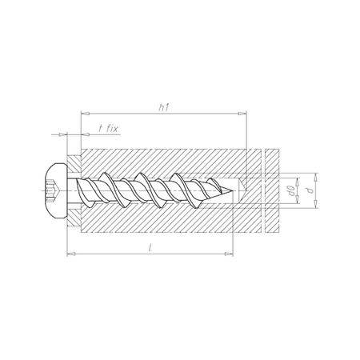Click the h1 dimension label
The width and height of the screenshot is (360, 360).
(162, 105)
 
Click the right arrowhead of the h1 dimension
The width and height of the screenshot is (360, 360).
(247, 114)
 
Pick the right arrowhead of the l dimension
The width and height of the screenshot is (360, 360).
(235, 255)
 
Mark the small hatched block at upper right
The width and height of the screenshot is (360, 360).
(270, 161)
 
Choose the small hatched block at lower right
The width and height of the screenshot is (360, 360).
(270, 222)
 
